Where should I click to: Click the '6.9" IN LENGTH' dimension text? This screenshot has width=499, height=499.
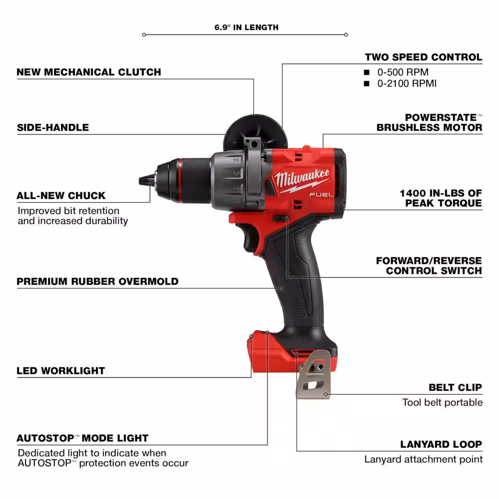coord(247,27)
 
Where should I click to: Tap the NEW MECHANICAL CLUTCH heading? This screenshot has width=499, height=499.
coord(89,72)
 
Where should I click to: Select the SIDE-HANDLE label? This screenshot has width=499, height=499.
coord(53,127)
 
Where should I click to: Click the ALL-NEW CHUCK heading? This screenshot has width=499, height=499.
coord(61,196)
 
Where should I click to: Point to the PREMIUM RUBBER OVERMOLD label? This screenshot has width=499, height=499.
coord(97,281)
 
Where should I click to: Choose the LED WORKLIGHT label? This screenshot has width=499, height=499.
coord(61,371)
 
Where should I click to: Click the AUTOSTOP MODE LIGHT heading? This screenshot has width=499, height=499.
coord(82,438)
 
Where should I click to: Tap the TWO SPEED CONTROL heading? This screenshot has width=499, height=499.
coord(423,57)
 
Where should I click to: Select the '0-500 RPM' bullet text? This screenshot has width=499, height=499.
coord(403,72)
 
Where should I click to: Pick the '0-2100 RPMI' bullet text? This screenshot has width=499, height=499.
coord(407,83)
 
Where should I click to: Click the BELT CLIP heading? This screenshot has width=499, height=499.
coord(455,387)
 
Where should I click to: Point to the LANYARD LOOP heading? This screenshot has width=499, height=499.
coord(441,444)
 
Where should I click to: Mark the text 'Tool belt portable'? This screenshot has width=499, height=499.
coord(442,402)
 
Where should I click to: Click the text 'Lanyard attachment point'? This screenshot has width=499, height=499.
coord(423,459)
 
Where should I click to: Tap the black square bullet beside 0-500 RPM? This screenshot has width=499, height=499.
coord(367,72)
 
